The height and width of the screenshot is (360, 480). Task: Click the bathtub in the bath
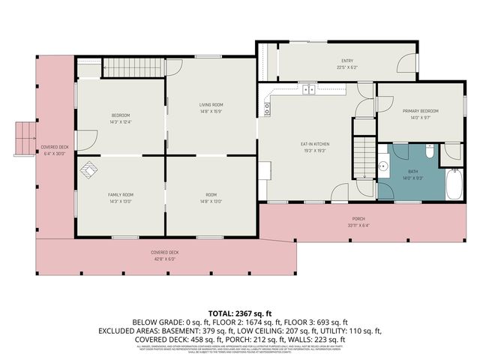(454, 184)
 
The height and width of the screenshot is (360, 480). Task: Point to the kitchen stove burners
(267, 106)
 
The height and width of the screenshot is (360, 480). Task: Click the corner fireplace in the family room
(89, 171)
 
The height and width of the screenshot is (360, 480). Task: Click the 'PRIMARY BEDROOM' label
(420, 111)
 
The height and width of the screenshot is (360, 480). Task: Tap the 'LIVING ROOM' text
(211, 104)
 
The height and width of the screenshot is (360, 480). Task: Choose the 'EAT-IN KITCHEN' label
(315, 144)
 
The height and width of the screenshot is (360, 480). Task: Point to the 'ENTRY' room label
(346, 61)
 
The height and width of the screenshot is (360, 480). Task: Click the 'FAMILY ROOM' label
(120, 195)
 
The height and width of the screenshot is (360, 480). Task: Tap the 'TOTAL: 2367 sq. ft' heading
(240, 312)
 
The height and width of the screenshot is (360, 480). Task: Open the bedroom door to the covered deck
(85, 139)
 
